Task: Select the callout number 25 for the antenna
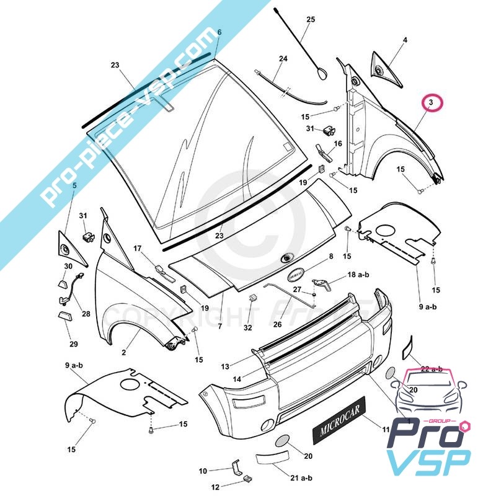click(x=311, y=20)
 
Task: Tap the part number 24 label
click(x=283, y=59)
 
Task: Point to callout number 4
click(x=405, y=40)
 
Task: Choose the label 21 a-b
click(x=302, y=477)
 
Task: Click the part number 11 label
click(x=385, y=428)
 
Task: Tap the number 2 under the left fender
click(x=123, y=352)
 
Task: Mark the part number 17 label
click(x=138, y=249)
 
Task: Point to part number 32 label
click(x=248, y=327)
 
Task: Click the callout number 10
click(x=203, y=471)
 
